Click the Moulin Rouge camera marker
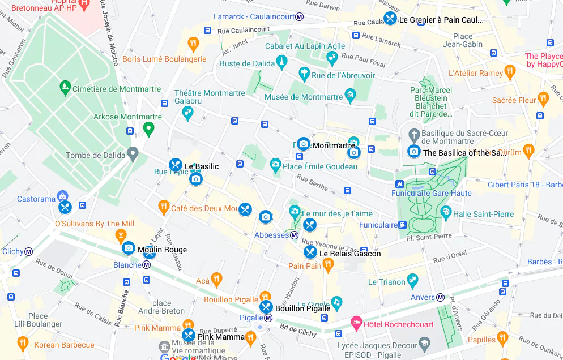tap(129, 248)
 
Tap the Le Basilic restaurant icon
tap(175, 165)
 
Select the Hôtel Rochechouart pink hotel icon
tap(356, 324)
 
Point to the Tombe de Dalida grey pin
tap(133, 153)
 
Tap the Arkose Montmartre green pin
tap(149, 129)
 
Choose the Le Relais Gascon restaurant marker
tap(310, 252)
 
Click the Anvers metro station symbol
tap(440, 297)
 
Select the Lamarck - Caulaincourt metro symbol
tap(299, 17)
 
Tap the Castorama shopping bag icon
tap(62, 196)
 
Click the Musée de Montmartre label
tap(303, 97)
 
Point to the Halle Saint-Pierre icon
tap(446, 213)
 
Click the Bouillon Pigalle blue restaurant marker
tap(266, 307)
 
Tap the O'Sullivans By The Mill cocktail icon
tap(121, 234)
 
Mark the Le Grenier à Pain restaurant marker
tap(390, 19)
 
